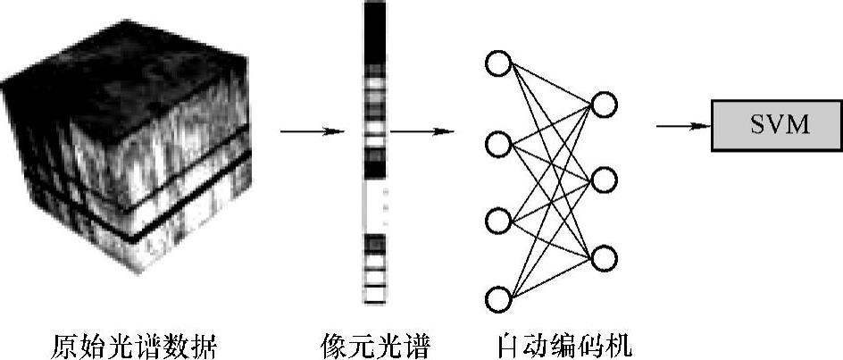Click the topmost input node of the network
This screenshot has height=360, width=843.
click(x=497, y=64)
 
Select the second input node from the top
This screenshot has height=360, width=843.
click(x=497, y=143)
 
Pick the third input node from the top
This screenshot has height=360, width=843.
click(x=497, y=220)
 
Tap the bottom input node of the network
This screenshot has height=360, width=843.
click(x=497, y=297)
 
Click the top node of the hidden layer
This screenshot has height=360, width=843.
click(x=604, y=105)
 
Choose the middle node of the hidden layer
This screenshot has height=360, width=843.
click(x=604, y=180)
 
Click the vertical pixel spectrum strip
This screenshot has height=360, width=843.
click(x=374, y=152)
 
